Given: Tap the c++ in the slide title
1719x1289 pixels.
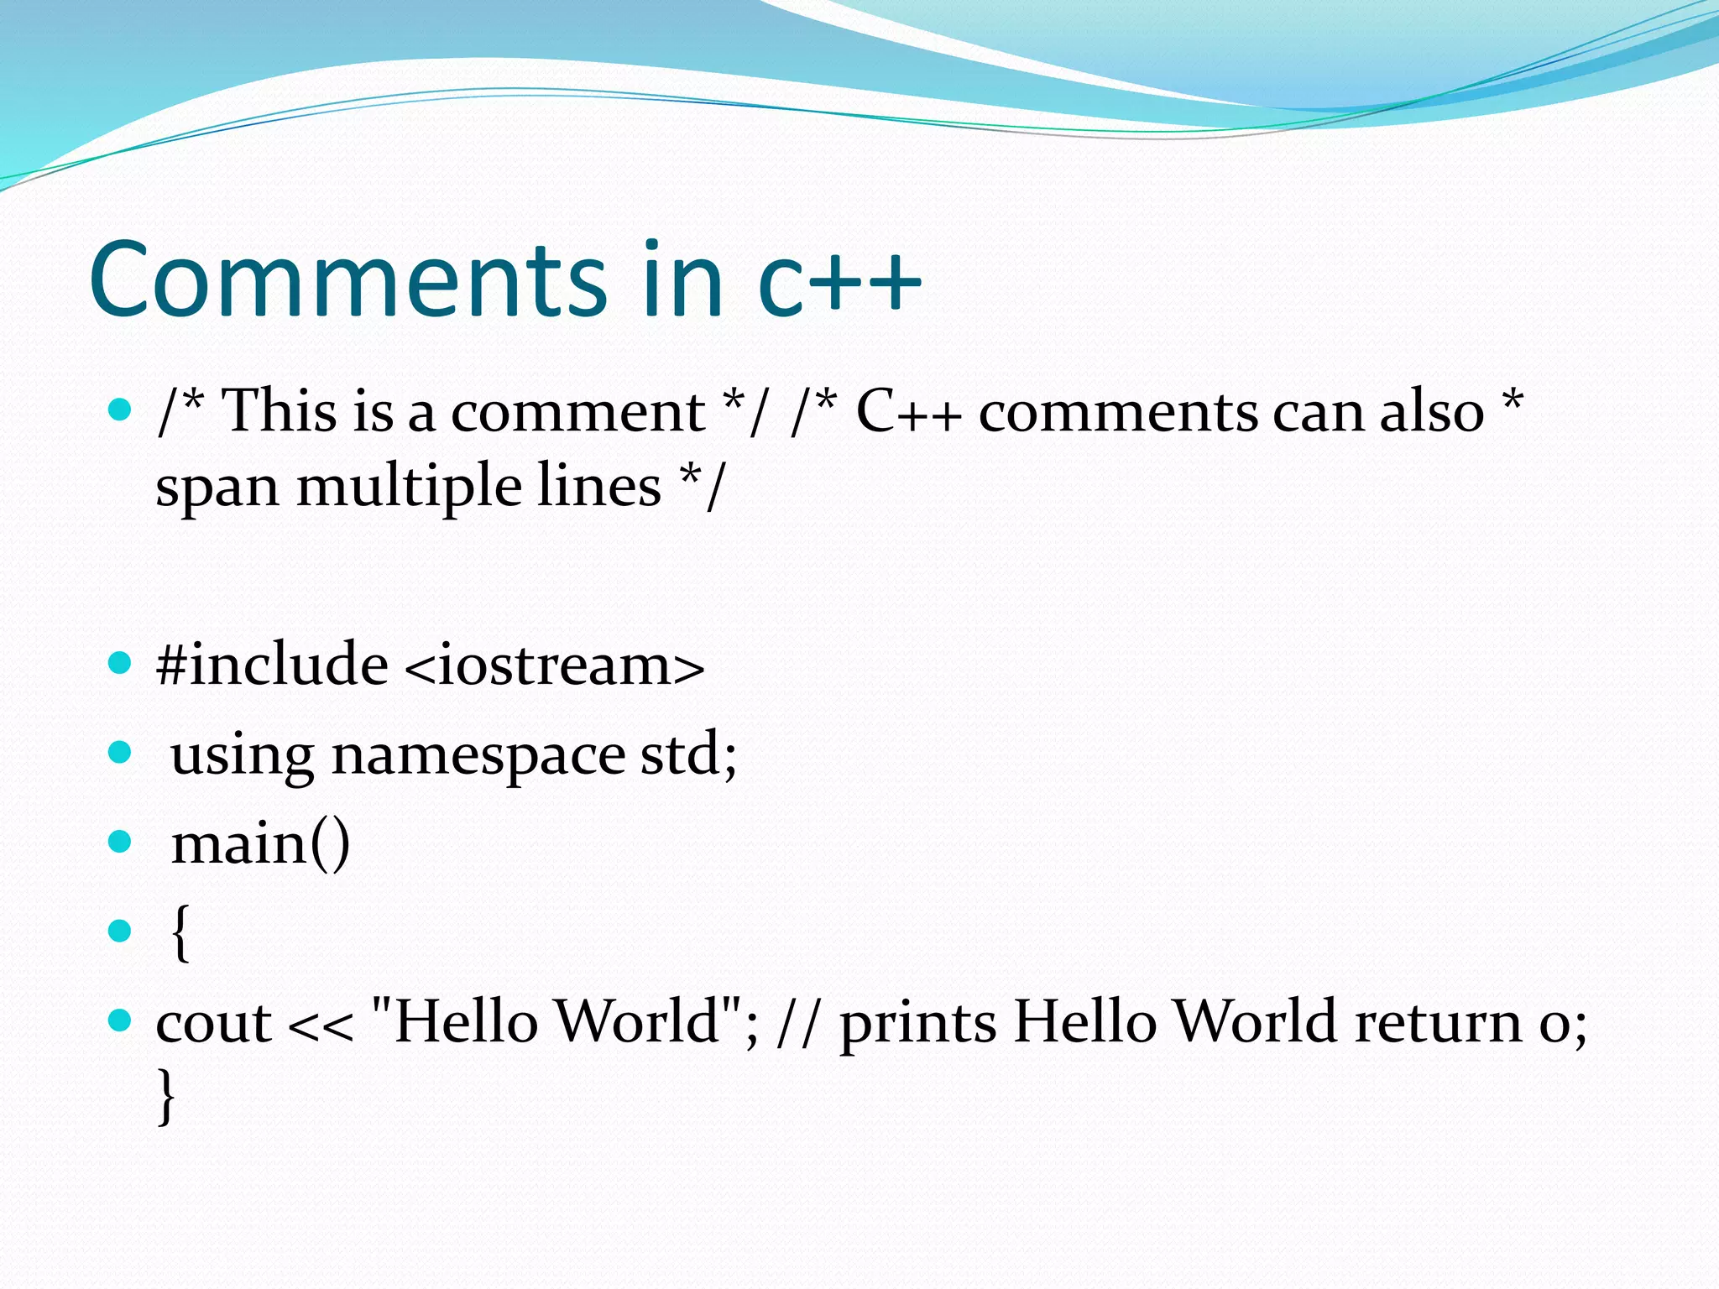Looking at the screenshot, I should pyautogui.click(x=839, y=281).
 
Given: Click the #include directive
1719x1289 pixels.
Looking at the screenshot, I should pyautogui.click(x=272, y=665).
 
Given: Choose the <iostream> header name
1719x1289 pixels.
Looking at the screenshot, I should pyautogui.click(x=554, y=666).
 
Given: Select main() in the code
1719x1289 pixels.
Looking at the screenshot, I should pyautogui.click(x=260, y=844).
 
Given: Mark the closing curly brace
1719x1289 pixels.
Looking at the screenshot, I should pyautogui.click(x=167, y=1095).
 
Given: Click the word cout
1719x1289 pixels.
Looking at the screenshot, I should pyautogui.click(x=214, y=1024).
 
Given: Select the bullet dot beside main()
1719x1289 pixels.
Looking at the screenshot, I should pyautogui.click(x=121, y=842).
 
